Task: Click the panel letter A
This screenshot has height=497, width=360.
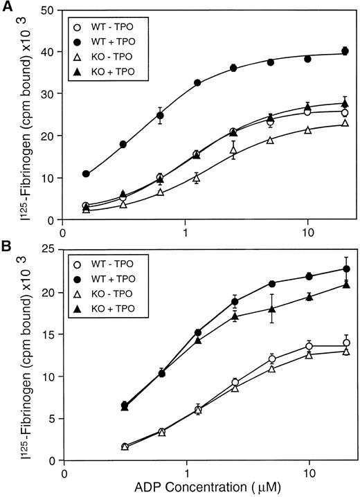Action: [6, 6]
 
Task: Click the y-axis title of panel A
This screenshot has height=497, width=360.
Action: [17, 114]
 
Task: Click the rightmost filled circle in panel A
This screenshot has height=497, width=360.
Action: [345, 51]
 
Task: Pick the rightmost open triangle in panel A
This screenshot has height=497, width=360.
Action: [345, 123]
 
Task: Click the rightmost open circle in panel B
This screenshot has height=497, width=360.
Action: [345, 343]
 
